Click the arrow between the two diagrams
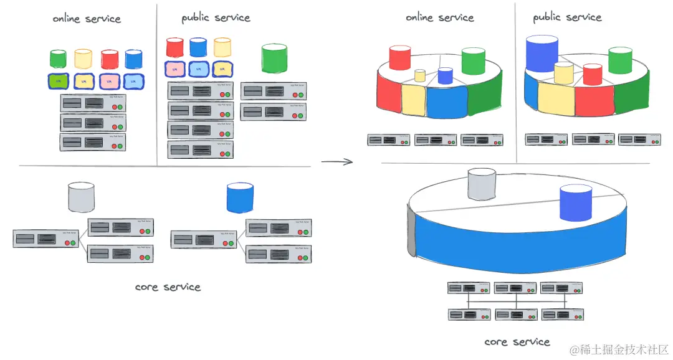point(336,162)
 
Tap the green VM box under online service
point(58,81)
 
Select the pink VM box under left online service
point(108,81)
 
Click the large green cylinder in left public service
point(274,59)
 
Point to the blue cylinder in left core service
point(240,197)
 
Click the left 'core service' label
point(168,287)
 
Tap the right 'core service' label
point(517,341)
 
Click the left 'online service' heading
point(86,19)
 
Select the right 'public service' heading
point(567,17)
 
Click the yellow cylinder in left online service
point(83,59)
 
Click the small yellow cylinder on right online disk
point(420,76)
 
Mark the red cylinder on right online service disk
point(399,57)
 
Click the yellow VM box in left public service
point(223,69)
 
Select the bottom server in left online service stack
point(92,141)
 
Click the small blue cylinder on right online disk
point(445,76)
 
